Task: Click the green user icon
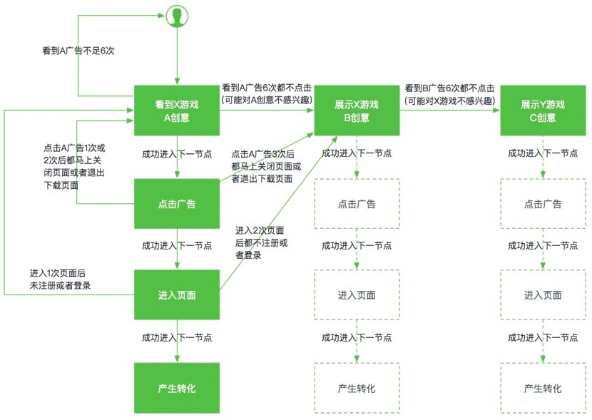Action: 176,16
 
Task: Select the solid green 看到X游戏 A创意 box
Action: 177,111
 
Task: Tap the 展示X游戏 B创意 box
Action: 356,111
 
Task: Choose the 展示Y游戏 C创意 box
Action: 542,111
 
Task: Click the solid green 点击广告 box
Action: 177,204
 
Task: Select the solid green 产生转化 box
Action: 177,388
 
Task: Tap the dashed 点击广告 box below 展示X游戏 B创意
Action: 356,204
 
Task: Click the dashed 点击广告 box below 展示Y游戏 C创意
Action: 542,204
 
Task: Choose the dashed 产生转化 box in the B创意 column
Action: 356,388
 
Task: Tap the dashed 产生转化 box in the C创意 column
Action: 542,388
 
